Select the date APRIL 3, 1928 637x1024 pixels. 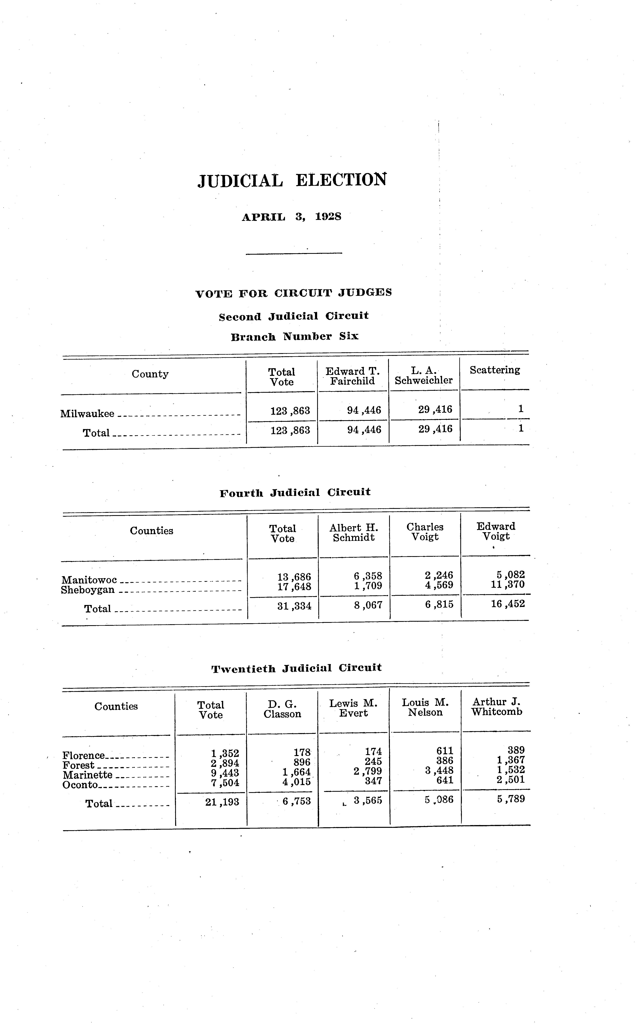tap(292, 217)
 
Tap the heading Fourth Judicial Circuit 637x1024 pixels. tap(295, 492)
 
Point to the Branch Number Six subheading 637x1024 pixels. tap(295, 337)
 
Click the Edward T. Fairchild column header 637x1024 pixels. tap(353, 376)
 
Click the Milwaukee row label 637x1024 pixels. tap(87, 414)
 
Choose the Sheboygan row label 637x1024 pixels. tap(88, 590)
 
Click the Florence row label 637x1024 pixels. tap(83, 756)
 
